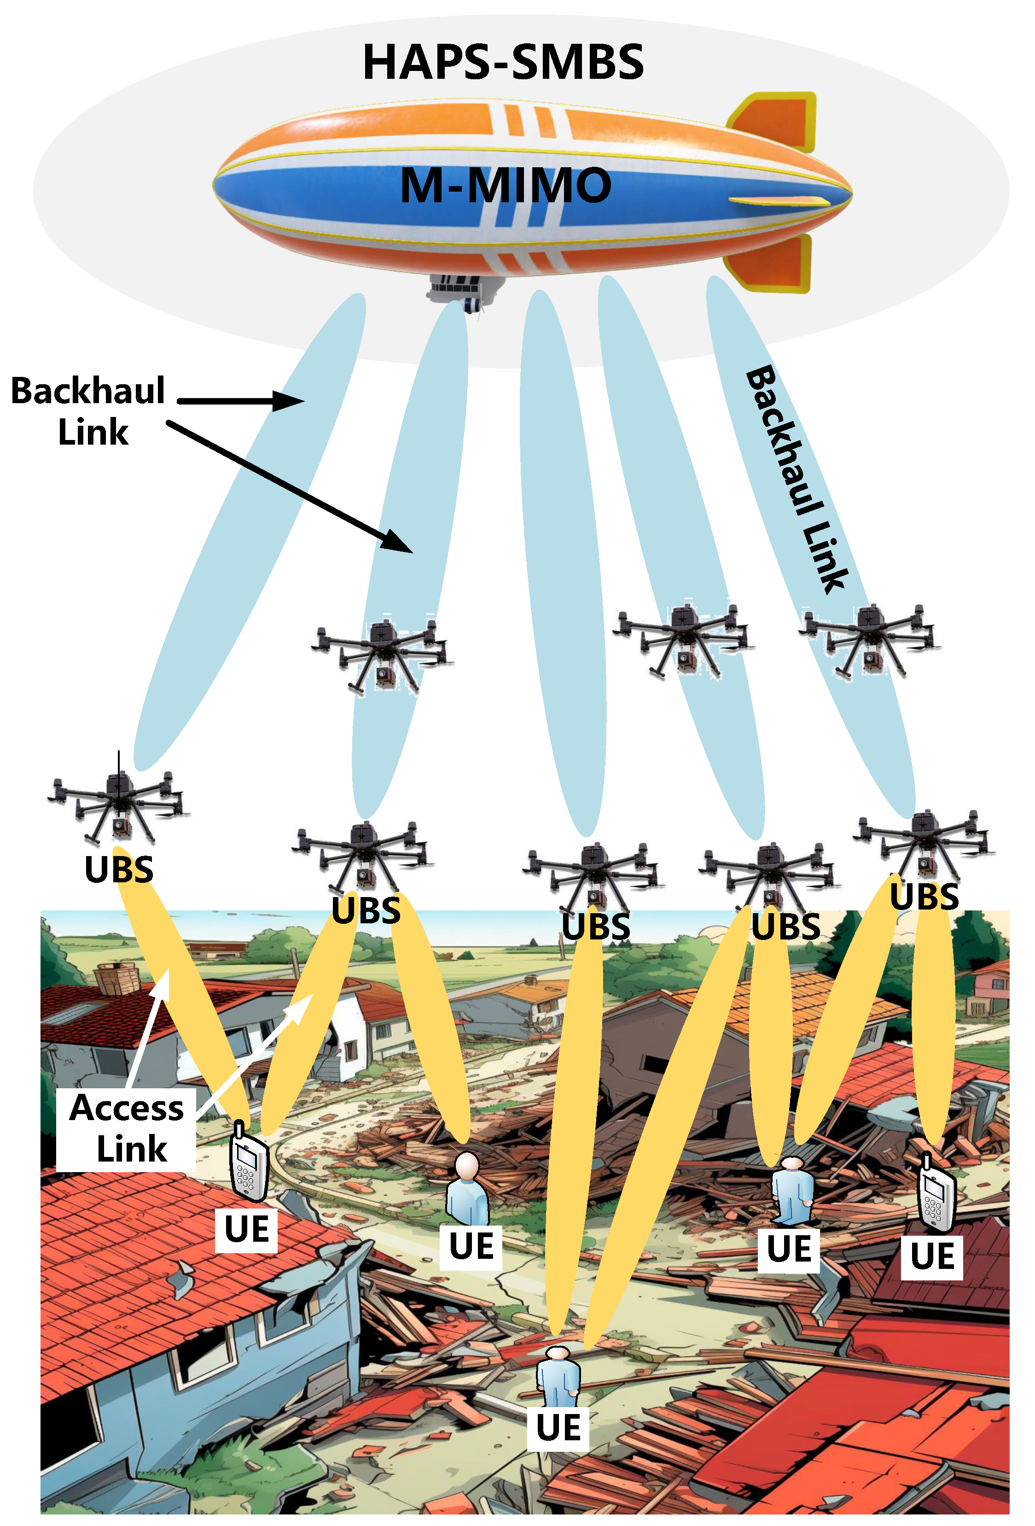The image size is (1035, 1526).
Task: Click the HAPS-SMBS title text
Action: pos(503,62)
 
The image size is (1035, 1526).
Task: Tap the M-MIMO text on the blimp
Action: pos(506,185)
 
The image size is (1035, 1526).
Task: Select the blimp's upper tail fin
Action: pos(778,122)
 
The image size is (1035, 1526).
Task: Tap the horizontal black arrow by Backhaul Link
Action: pos(239,400)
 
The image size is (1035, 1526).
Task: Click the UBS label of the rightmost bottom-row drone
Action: pos(924,896)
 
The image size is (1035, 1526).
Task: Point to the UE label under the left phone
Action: pos(246,1230)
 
